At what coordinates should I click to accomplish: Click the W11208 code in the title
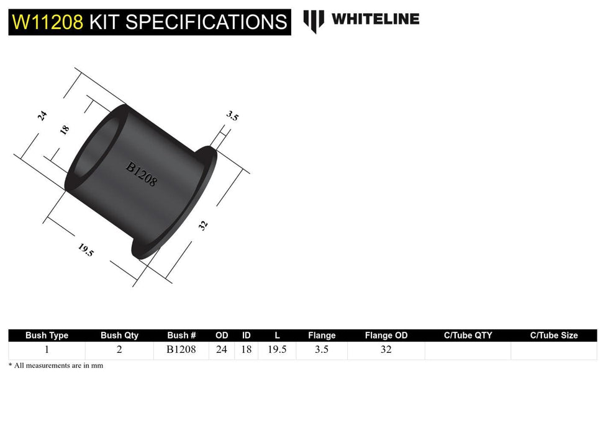coord(47,22)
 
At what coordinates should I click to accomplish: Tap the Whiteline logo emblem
coord(314,20)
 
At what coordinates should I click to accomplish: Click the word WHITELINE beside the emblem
coord(375,19)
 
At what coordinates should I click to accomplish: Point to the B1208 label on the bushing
coord(142,175)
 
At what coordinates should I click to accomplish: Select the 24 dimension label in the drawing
coord(42,115)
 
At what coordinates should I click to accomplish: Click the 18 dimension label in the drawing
coord(65,130)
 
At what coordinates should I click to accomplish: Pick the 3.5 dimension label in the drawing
coord(233,115)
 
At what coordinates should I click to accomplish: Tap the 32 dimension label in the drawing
coord(203,226)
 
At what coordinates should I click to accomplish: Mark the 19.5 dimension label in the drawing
coord(86,250)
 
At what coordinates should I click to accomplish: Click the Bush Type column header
coord(47,335)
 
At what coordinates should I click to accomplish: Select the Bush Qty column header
coord(119,335)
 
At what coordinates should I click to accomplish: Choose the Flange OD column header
coord(386,335)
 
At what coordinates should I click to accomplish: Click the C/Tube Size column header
coord(554,335)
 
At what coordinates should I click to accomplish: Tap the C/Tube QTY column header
coord(468,335)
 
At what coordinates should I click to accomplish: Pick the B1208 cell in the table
coord(181,350)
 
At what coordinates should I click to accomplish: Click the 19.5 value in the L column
coord(276,350)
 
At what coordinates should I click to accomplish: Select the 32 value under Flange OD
coord(386,350)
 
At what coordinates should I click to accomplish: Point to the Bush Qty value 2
coord(119,350)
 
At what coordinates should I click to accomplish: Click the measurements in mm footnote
coord(56,366)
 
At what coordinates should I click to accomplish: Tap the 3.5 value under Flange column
coord(322,350)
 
